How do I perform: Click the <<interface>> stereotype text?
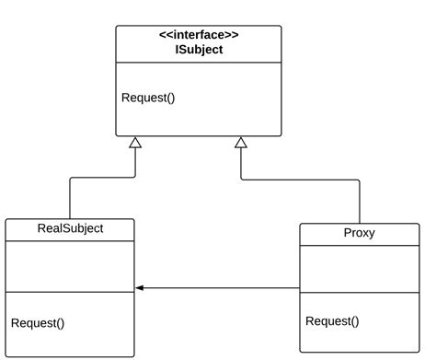coord(198,34)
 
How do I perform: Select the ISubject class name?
coord(198,50)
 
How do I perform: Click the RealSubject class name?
coord(70,228)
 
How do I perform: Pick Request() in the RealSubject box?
coord(38,322)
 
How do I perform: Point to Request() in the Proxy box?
coord(332,320)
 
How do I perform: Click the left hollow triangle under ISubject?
coord(135,143)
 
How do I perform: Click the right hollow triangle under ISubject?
coord(241,143)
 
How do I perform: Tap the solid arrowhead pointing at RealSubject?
coord(140,288)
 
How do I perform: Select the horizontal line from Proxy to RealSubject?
coord(221,288)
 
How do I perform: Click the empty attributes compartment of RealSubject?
coord(70,266)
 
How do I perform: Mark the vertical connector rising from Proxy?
coord(359,202)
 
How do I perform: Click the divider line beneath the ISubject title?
coord(198,63)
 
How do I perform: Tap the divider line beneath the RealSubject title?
coord(70,241)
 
